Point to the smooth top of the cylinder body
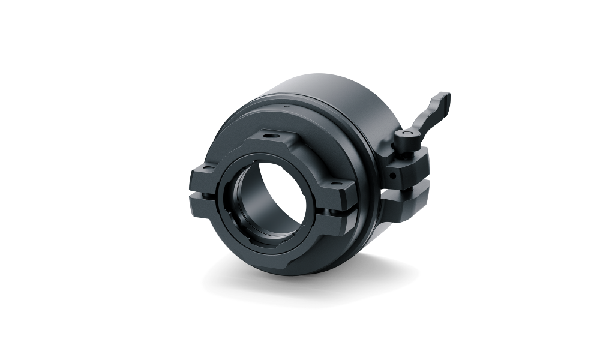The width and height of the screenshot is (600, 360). (x=336, y=90)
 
